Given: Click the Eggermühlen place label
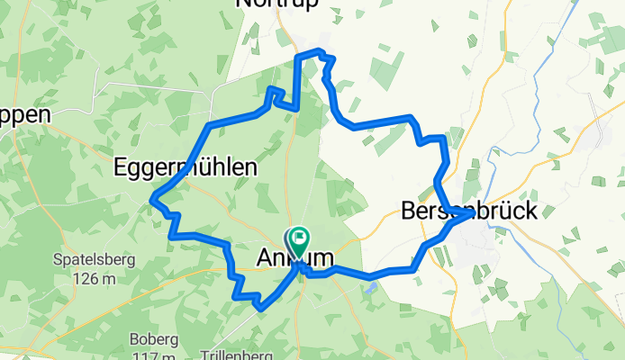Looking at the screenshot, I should click(x=185, y=167).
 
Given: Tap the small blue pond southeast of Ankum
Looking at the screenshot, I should click(x=372, y=288).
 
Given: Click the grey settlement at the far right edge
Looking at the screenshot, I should click(x=603, y=135).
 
